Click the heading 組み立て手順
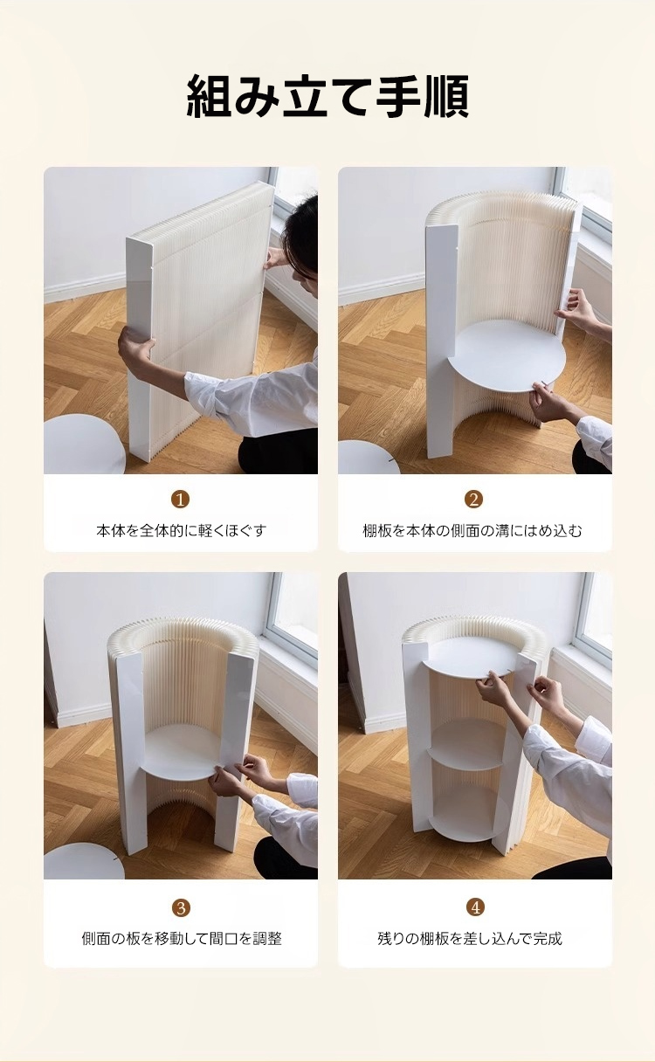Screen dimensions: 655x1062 click(327, 96)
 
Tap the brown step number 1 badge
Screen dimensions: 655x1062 click(180, 500)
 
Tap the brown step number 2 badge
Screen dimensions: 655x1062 click(474, 500)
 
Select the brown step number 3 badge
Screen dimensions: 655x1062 click(181, 908)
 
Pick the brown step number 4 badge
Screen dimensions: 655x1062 click(475, 907)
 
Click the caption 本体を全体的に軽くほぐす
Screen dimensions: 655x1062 click(181, 530)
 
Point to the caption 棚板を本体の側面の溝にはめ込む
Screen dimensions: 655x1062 click(472, 530)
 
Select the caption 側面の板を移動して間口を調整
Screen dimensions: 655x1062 click(182, 938)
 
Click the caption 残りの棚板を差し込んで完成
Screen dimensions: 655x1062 click(470, 938)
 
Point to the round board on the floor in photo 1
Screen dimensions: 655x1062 click(83, 445)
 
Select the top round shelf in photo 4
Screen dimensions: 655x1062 click(467, 658)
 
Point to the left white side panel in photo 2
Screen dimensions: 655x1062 click(443, 339)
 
